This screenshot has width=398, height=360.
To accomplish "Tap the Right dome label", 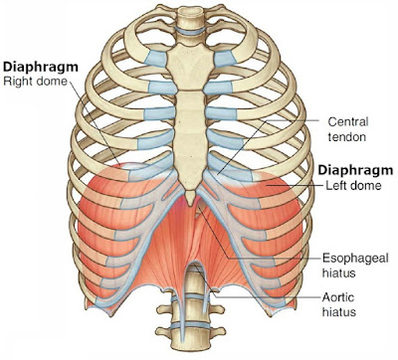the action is [36, 83].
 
